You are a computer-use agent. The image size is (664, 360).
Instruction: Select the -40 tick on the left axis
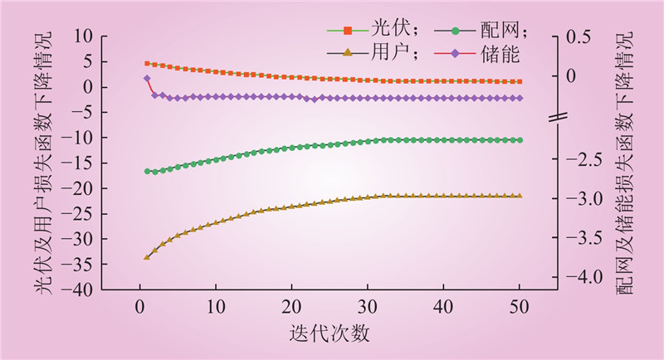click(80, 290)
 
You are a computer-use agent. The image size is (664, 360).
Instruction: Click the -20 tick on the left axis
click(80, 189)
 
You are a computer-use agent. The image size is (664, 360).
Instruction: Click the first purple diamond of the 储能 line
click(147, 79)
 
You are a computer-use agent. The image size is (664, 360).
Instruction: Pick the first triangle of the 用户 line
click(147, 257)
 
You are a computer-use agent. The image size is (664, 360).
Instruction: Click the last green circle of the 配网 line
click(520, 140)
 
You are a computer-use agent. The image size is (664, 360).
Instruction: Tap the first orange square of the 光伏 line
click(147, 63)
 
